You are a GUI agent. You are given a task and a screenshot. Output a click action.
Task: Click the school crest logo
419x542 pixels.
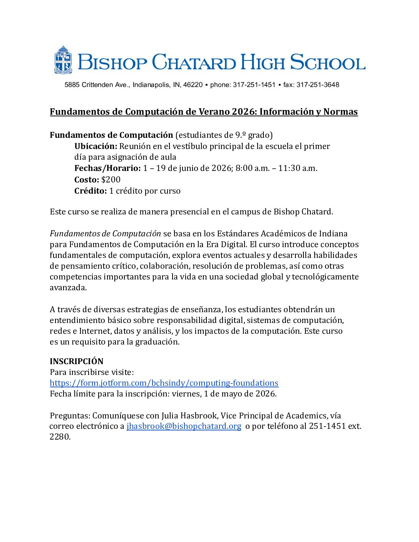click(x=63, y=60)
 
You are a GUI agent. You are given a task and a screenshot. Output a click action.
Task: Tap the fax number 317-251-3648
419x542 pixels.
click(x=318, y=85)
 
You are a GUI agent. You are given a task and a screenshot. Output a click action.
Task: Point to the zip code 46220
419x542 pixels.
click(x=193, y=85)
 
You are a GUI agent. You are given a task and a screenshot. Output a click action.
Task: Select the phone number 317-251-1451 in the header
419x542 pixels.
click(x=254, y=85)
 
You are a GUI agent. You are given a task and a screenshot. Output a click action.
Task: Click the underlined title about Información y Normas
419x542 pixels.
click(x=204, y=112)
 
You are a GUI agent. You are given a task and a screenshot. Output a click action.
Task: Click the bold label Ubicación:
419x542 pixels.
click(x=96, y=146)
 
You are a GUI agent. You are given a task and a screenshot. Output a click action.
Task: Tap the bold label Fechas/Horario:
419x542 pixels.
click(x=107, y=168)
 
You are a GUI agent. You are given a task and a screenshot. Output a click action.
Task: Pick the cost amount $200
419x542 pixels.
click(x=111, y=180)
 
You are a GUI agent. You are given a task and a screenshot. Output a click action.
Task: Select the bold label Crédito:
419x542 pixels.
click(x=91, y=191)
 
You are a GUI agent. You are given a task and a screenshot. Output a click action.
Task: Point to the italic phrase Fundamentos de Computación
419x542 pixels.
click(x=105, y=234)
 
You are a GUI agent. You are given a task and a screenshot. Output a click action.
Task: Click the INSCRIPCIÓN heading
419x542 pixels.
click(x=77, y=361)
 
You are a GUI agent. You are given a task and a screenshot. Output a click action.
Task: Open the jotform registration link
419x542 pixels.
click(x=164, y=383)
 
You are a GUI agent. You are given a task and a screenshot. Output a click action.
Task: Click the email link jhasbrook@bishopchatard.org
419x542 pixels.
click(x=184, y=426)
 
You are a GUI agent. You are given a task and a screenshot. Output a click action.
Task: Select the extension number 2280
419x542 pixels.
click(x=60, y=437)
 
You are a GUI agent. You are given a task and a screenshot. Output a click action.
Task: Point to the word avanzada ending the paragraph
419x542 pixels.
click(x=68, y=288)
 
